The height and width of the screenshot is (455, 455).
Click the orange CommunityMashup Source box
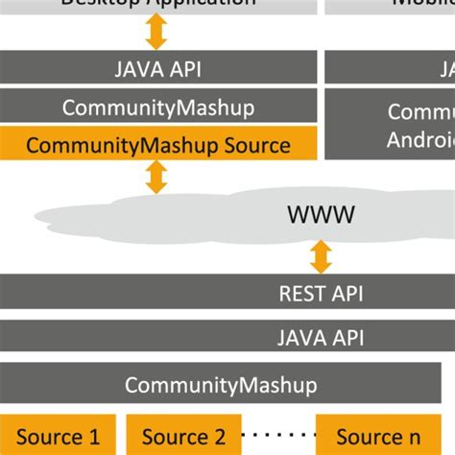coord(158,145)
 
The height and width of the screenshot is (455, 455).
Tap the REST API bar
coord(227,292)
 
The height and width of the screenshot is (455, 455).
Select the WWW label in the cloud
coord(321,214)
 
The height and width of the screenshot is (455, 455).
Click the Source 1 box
coord(58,437)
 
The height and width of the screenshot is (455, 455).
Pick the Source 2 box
coord(183,437)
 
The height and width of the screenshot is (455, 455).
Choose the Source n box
coord(385,437)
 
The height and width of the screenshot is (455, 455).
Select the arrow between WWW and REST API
coord(321,256)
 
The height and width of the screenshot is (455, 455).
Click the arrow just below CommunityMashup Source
coord(156,177)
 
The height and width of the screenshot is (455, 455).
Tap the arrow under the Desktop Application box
coord(156,32)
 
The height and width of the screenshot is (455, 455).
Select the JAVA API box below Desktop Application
coord(158,68)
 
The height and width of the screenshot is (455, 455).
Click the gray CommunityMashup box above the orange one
coord(158,108)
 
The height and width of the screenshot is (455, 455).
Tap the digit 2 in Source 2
coord(220,438)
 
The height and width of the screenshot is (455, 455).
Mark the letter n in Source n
coord(429,438)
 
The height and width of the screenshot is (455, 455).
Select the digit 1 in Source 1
coord(94,438)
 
